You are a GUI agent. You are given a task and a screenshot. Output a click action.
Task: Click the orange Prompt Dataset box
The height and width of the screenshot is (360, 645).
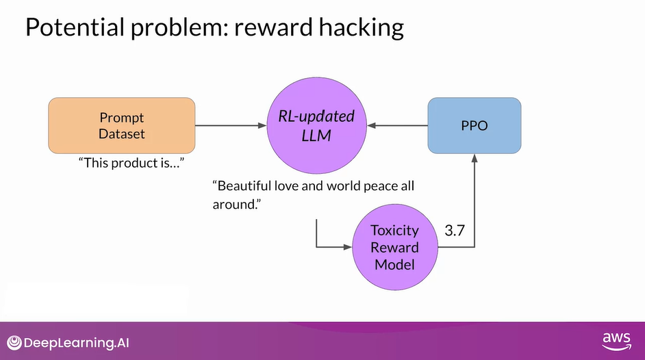pos(121,125)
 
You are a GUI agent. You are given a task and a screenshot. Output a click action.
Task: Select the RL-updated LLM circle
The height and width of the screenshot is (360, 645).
pos(316,125)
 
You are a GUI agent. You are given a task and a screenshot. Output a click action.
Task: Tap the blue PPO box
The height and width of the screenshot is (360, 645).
pos(474,125)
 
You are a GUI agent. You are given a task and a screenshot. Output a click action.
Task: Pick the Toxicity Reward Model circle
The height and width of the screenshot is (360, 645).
pos(394,246)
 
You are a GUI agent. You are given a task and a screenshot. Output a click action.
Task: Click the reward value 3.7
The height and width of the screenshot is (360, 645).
pos(455,231)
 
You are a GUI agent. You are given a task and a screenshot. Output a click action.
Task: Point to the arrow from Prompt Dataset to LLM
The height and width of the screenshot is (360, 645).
pos(230,125)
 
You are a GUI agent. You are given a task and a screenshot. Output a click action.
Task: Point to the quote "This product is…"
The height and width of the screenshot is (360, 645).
pos(133,164)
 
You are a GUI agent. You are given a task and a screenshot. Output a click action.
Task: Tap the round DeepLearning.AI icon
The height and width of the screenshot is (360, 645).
pos(14,342)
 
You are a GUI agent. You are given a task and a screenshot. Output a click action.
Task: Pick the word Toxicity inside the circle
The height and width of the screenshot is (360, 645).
pos(394,231)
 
